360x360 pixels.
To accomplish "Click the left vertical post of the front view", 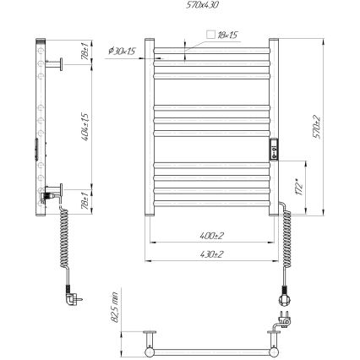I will click(150, 127).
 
